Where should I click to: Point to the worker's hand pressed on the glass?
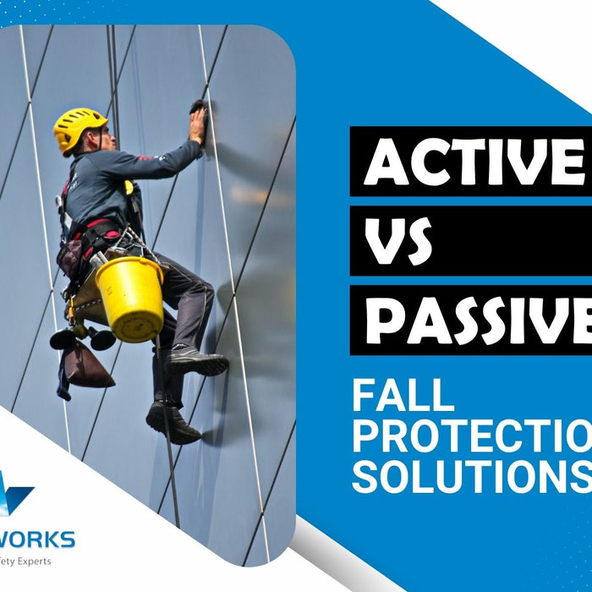[197, 123]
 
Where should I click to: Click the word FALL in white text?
[403, 396]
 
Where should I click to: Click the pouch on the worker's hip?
[71, 254]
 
